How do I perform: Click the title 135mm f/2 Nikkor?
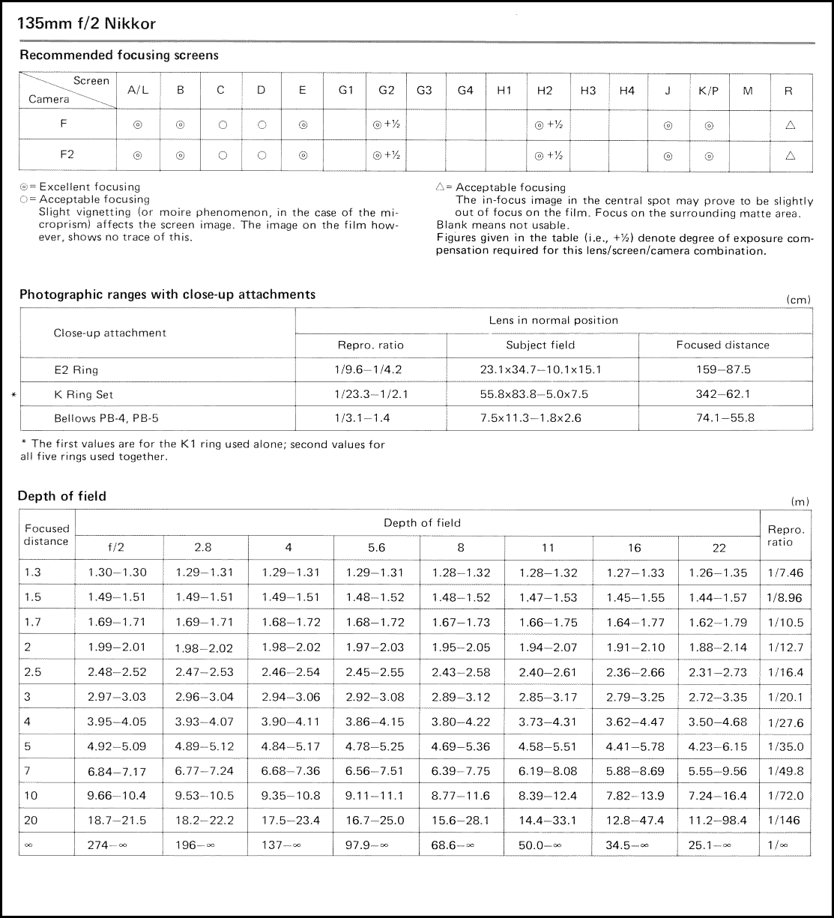tap(87, 24)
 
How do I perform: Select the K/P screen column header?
tap(708, 91)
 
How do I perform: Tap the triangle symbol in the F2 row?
tap(790, 156)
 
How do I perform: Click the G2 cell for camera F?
tap(387, 125)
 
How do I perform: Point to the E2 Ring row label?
tap(76, 369)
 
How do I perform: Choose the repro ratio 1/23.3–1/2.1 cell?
tap(371, 394)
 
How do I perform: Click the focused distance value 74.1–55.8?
tap(725, 418)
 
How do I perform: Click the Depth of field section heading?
tap(62, 496)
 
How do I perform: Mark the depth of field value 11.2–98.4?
tap(718, 821)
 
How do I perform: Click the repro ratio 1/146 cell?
tap(785, 821)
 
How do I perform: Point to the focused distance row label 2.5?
tap(33, 672)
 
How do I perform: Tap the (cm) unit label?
tap(799, 300)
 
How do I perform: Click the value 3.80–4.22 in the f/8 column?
tap(461, 722)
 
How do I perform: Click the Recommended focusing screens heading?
tap(119, 55)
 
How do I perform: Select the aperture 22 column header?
tap(719, 548)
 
